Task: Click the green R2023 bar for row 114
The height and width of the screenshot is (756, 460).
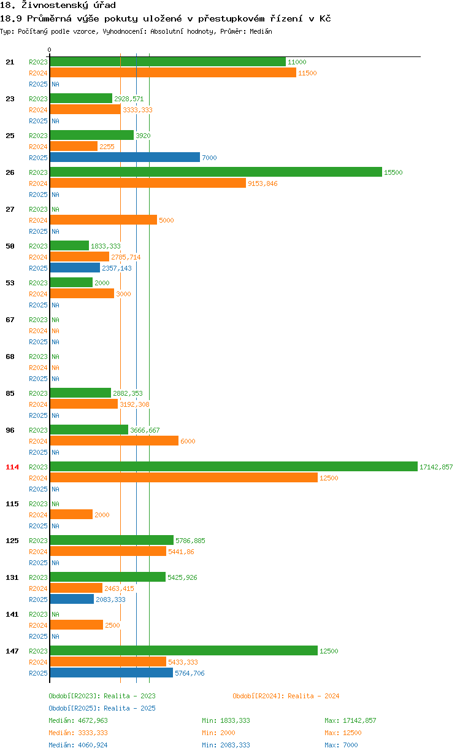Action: pyautogui.click(x=233, y=467)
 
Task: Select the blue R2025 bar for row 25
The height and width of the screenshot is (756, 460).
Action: pyautogui.click(x=125, y=158)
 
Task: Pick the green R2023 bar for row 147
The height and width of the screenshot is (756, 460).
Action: pyautogui.click(x=183, y=651)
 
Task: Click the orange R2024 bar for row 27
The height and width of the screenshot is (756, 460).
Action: pyautogui.click(x=103, y=220)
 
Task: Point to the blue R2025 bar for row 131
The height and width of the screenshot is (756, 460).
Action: pyautogui.click(x=72, y=600)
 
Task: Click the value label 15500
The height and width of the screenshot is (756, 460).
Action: pyautogui.click(x=393, y=172)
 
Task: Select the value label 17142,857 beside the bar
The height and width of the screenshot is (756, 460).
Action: pyautogui.click(x=436, y=467)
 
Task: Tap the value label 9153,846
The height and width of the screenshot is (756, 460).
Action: pyautogui.click(x=263, y=183)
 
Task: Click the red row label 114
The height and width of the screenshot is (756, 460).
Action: pyautogui.click(x=12, y=467)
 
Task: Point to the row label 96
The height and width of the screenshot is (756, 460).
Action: pyautogui.click(x=10, y=430)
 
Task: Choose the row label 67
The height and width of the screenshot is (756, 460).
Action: pyautogui.click(x=10, y=320)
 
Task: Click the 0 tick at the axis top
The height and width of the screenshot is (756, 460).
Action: pyautogui.click(x=50, y=50)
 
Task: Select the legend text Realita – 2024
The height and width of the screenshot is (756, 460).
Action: pyautogui.click(x=313, y=696)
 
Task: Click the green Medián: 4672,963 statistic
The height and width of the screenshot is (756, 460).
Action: pyautogui.click(x=78, y=720)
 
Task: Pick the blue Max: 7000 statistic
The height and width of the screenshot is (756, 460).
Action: pyautogui.click(x=341, y=745)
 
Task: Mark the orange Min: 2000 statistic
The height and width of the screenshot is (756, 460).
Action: pyautogui.click(x=218, y=733)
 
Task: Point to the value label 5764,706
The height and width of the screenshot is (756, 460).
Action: pyautogui.click(x=190, y=673)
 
